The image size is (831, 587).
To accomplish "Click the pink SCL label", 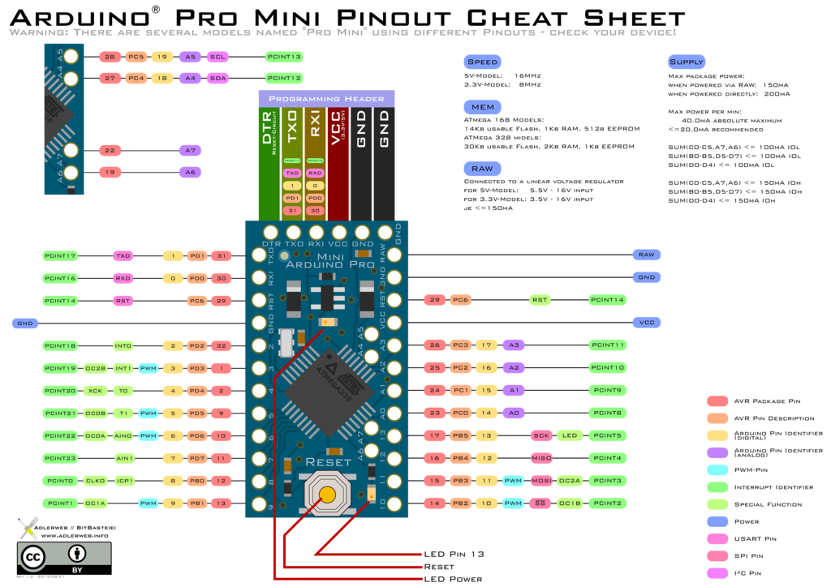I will (x=217, y=57).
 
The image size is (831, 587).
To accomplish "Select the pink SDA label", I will (x=217, y=79).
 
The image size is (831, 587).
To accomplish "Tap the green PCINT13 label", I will (x=284, y=57).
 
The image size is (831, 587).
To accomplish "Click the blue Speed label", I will (x=482, y=62).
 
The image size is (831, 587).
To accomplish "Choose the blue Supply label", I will (x=686, y=62).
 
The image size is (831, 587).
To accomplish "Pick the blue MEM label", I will (x=482, y=107).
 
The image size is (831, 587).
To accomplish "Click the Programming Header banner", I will (x=326, y=98).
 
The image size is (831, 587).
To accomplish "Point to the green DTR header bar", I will (x=269, y=162).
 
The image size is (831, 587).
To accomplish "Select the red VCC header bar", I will (x=338, y=162).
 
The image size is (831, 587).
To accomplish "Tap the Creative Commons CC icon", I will (x=33, y=557).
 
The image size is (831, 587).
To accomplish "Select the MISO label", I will (x=541, y=458).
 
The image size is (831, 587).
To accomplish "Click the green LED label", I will (x=570, y=435).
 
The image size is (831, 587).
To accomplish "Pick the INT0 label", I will (x=123, y=346).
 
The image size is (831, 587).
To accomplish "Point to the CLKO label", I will (x=95, y=481).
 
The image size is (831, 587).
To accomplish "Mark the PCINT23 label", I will (x=60, y=458).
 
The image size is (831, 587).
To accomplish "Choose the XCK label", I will (x=95, y=391).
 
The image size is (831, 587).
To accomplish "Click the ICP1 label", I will (x=124, y=481).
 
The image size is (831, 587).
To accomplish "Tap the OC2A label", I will (x=570, y=481).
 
